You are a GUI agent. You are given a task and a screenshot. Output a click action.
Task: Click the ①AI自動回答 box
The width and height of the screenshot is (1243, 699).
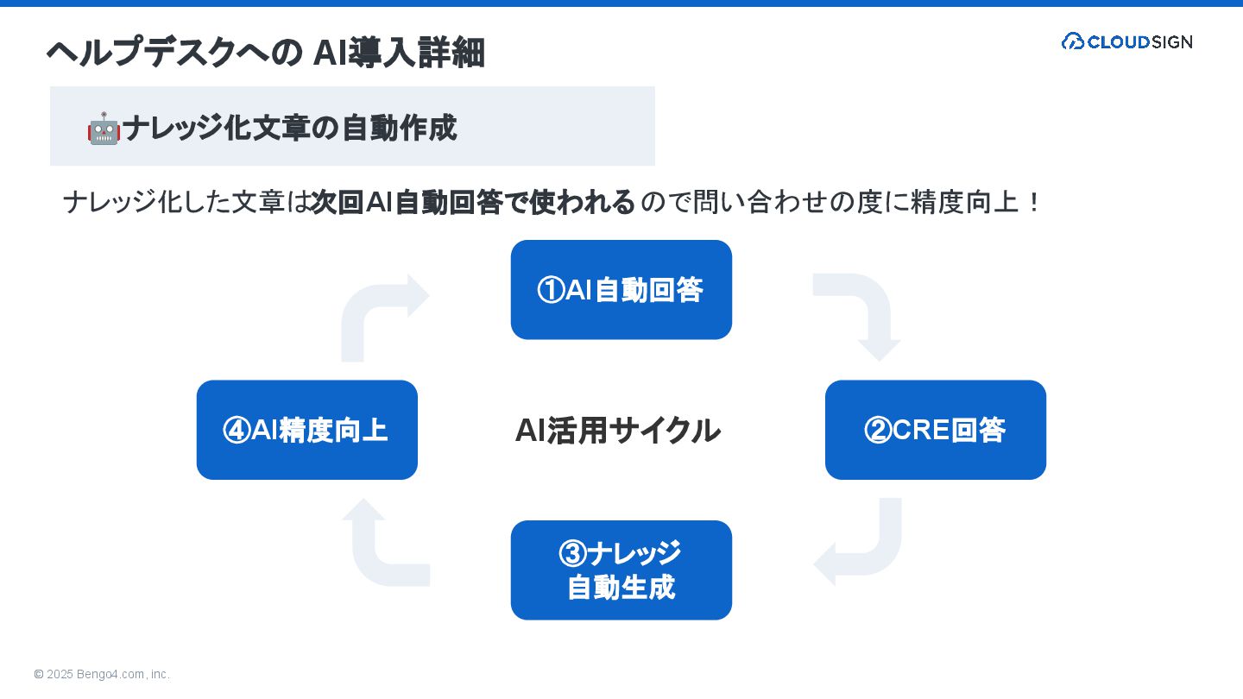621,290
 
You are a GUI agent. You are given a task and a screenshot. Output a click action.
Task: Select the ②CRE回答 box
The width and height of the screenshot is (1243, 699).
935,430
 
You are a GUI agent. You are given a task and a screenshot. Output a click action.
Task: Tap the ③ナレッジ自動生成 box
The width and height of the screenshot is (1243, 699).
621,570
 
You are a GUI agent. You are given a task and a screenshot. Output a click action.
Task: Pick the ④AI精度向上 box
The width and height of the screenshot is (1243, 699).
306,430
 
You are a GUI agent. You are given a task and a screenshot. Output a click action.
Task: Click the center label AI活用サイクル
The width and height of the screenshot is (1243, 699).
617,430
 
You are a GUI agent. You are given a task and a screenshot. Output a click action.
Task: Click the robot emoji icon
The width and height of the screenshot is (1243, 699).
104,129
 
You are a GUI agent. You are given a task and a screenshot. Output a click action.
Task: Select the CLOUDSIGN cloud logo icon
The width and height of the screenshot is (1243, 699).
1072,41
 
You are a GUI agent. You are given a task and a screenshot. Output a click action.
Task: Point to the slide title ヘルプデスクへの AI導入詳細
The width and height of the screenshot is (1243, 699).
265,53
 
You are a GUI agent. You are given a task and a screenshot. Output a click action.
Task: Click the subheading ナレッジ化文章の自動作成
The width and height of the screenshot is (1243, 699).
289,129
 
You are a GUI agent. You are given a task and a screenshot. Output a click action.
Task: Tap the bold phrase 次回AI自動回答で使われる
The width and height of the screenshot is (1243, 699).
473,203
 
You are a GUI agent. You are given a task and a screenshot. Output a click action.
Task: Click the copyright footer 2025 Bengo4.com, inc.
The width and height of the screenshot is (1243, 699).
102,674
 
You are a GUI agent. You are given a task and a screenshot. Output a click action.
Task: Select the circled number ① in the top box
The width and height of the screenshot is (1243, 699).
550,291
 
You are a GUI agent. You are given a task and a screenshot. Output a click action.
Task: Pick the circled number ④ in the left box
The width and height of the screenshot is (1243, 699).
236,431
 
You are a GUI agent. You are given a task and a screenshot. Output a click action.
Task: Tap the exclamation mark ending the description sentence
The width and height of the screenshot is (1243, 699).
1034,203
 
